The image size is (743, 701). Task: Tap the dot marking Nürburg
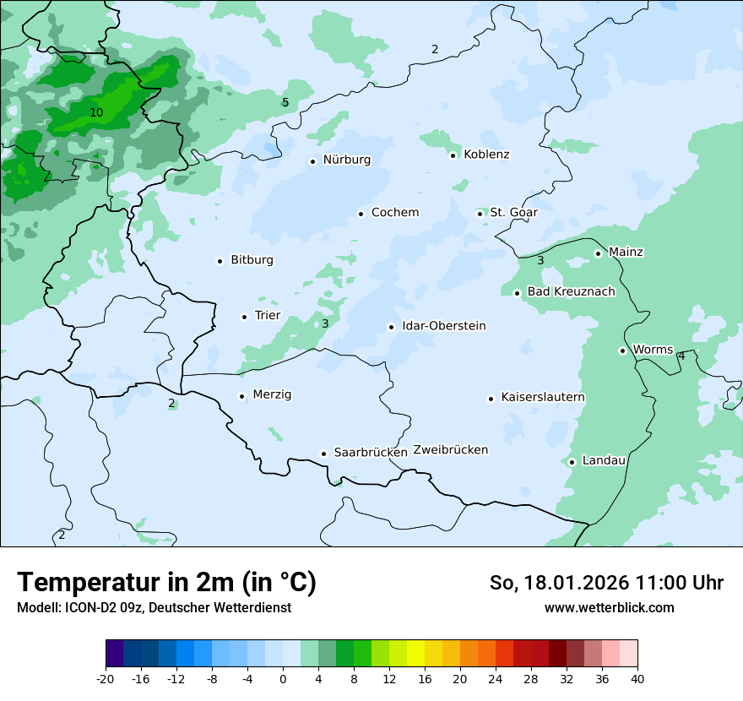click(312, 161)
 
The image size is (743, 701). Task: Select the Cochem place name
click(394, 213)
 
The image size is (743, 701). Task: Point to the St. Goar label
click(513, 213)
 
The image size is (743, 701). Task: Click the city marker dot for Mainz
click(598, 253)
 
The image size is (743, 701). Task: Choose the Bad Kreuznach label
click(571, 292)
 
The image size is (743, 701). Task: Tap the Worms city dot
click(622, 350)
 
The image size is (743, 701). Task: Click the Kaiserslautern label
click(543, 398)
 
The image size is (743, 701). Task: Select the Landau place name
click(604, 461)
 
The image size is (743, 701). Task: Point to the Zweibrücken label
click(450, 450)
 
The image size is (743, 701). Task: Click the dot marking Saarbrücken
click(323, 454)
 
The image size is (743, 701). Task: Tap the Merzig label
click(272, 395)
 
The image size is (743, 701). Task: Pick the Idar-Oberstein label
click(443, 326)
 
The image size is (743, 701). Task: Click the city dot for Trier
click(244, 317)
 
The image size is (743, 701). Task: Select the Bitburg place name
click(252, 260)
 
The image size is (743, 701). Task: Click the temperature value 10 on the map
click(96, 112)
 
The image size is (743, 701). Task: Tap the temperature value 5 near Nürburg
click(285, 103)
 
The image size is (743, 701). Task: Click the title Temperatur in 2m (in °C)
click(166, 583)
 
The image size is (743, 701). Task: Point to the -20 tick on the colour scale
click(106, 679)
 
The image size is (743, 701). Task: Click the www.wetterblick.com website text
click(609, 608)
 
